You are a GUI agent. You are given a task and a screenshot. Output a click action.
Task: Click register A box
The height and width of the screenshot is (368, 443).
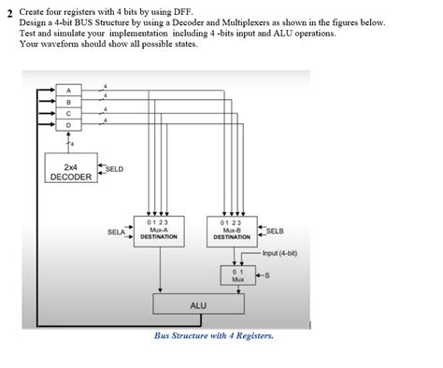click(x=67, y=90)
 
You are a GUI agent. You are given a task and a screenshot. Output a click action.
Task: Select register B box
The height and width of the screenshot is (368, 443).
click(x=67, y=101)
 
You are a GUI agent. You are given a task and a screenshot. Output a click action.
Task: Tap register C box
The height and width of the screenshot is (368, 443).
click(x=67, y=112)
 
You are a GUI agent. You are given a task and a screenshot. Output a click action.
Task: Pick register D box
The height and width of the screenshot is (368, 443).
click(x=67, y=124)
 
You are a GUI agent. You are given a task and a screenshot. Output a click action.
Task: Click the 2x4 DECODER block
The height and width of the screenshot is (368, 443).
click(x=70, y=170)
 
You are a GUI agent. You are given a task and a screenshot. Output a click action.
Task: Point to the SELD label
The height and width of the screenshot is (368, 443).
click(x=113, y=168)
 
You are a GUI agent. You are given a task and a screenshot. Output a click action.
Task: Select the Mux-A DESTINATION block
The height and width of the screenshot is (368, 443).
click(x=158, y=230)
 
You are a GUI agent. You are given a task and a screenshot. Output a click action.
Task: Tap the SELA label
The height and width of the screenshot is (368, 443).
click(x=116, y=231)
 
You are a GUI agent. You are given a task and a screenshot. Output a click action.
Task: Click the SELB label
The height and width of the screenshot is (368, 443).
click(x=275, y=231)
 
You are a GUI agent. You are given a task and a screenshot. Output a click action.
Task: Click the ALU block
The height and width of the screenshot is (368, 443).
click(x=198, y=304)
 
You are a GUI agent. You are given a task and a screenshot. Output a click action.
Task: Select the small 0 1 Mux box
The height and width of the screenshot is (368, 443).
click(x=237, y=275)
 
